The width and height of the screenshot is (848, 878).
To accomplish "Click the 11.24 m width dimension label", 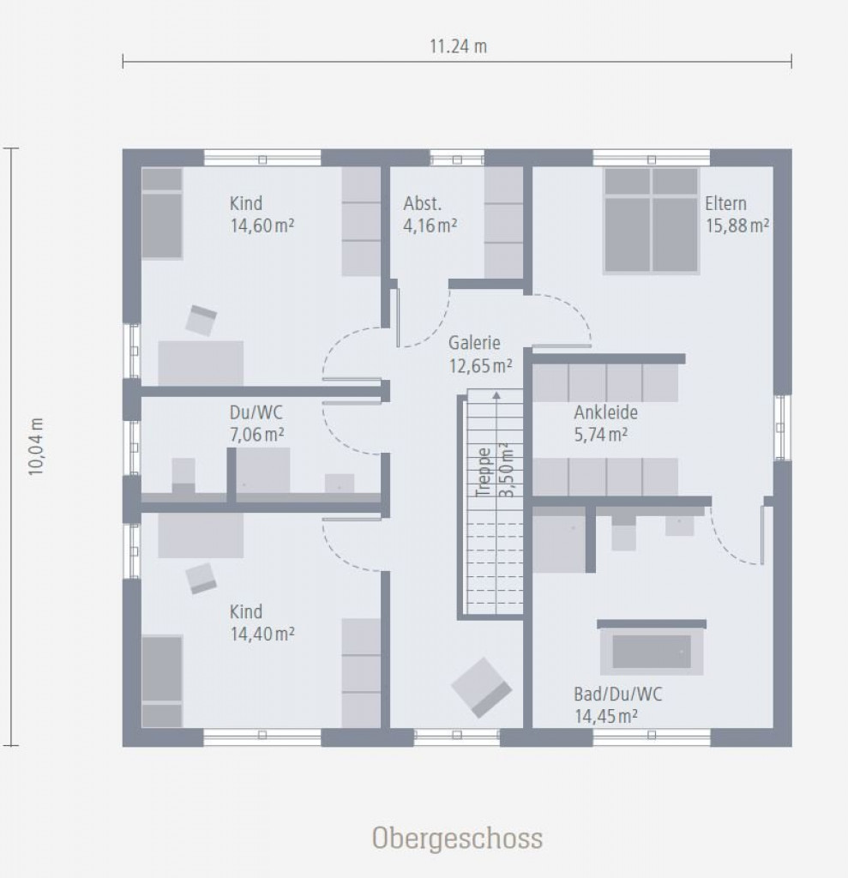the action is tap(458, 46).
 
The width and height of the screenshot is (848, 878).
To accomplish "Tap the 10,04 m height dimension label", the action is tap(36, 446).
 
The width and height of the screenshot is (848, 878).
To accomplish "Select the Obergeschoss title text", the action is tap(457, 839).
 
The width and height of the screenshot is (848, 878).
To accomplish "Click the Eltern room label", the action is tap(725, 203).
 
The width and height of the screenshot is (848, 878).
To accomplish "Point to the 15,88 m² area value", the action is tap(737, 226).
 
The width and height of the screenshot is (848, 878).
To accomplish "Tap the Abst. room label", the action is tap(423, 203).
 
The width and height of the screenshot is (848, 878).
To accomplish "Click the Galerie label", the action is tap(474, 343).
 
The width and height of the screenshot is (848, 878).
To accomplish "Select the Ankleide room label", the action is tap(605, 412).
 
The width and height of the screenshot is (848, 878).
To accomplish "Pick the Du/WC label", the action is tap(256, 412).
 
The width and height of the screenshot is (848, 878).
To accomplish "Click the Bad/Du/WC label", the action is tap(618, 695).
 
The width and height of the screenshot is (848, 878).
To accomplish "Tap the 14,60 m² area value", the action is tap(262, 226).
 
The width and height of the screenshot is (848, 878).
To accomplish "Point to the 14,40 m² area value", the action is tap(262, 634).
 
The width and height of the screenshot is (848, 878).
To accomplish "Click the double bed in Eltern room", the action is tap(652, 220).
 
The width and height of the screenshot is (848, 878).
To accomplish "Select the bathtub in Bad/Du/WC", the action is tap(652, 652).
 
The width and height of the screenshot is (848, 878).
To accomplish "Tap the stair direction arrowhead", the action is tap(496, 395).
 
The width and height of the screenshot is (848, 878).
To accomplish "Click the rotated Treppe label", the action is tap(483, 472).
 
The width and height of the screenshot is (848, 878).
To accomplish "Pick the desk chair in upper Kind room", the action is tap(201, 321).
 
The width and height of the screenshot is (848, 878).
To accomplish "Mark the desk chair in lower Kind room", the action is tap(201, 579).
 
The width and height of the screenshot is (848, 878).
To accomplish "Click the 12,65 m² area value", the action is tap(480, 365).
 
